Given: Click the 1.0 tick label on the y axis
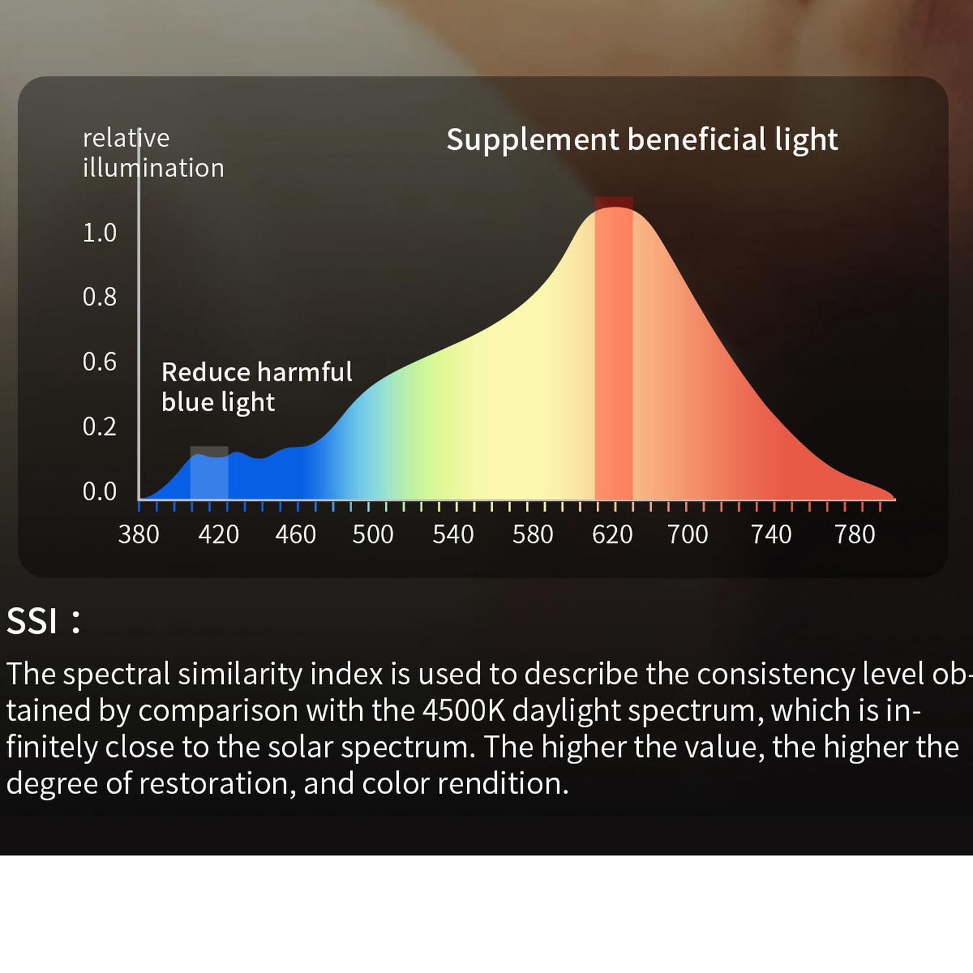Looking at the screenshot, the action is point(99,232).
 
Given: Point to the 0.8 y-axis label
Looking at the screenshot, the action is point(99,296).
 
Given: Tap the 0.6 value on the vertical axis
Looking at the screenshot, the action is point(99,361).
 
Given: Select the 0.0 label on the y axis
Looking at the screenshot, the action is point(99,491).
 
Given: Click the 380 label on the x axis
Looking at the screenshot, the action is point(139,535).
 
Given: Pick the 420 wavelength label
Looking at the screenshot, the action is point(219,535).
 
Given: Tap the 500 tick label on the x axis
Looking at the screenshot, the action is point(373,535).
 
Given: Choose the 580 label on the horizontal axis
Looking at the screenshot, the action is point(533,535).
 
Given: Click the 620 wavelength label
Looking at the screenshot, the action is point(612,535).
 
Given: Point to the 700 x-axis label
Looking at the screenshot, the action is point(688,535).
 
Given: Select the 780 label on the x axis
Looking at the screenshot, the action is point(855,535).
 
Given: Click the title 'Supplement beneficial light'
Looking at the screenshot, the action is point(642,140).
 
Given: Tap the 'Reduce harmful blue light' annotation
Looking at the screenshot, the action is point(257,387).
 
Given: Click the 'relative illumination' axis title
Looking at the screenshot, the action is point(153,153).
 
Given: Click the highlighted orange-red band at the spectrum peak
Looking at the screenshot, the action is point(614,348).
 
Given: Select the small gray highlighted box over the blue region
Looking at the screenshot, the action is point(209,473).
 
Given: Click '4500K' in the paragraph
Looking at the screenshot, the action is point(464,710).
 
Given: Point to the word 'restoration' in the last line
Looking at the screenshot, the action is point(213,784).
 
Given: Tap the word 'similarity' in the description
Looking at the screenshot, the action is point(240,675).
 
